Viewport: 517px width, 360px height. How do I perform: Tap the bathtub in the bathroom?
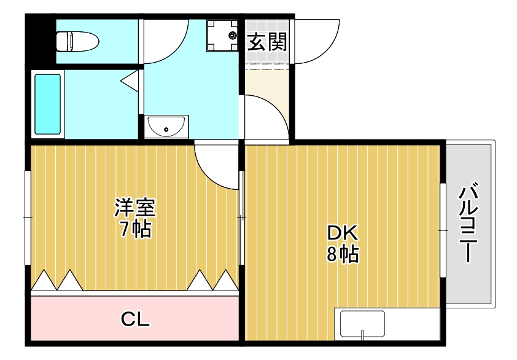pos(48,104)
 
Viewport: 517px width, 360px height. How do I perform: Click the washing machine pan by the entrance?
pos(222,35)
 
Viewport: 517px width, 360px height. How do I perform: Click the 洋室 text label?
pos(135,207)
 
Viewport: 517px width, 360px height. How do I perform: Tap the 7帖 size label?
pos(135,229)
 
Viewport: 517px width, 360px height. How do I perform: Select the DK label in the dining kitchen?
pos(342,233)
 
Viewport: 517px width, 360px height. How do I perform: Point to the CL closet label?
pos(135,319)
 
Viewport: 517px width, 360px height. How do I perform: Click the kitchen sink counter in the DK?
pos(362,324)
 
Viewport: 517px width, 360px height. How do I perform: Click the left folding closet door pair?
pos(56,281)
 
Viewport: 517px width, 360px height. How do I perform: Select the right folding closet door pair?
pos(212,281)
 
